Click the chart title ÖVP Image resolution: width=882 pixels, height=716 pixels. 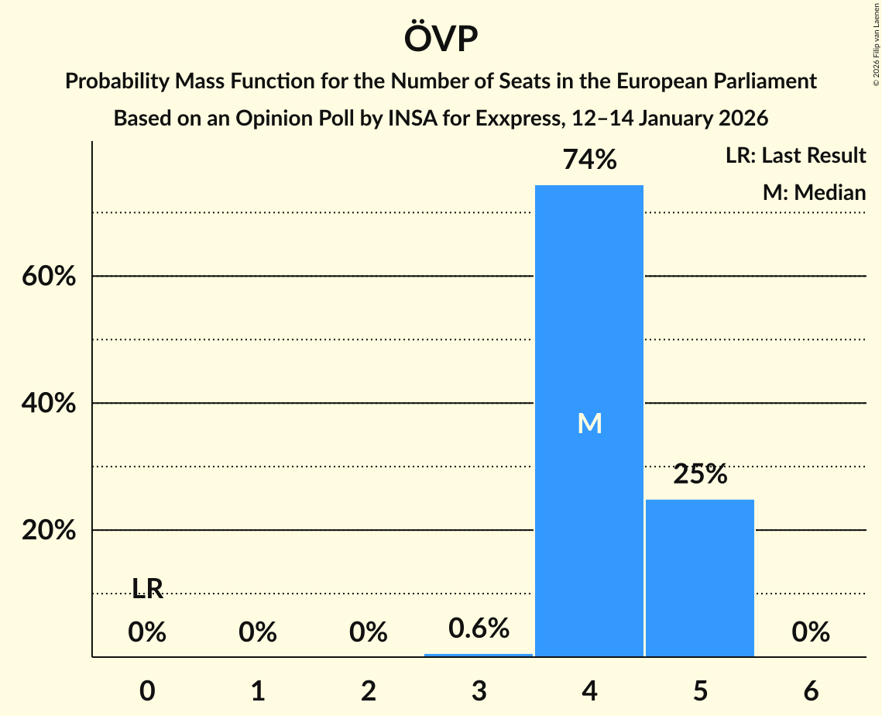tap(441, 39)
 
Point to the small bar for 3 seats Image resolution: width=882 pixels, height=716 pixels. tap(479, 655)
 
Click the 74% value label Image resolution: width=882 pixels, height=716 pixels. tap(589, 160)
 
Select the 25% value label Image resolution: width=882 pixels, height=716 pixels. tap(700, 474)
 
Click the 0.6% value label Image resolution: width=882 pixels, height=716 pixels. tap(479, 628)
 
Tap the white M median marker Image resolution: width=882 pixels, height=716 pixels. tap(589, 423)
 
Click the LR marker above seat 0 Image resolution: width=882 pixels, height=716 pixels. tap(147, 590)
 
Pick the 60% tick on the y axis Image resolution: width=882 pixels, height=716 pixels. tap(49, 277)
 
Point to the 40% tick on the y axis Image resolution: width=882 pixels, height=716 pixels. tap(49, 404)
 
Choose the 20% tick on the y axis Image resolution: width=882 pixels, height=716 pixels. tap(49, 531)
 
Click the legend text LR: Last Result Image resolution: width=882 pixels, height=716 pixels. tap(795, 156)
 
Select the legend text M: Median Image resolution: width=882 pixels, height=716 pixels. tap(814, 192)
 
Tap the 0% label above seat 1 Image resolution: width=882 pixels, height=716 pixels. tap(258, 633)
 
